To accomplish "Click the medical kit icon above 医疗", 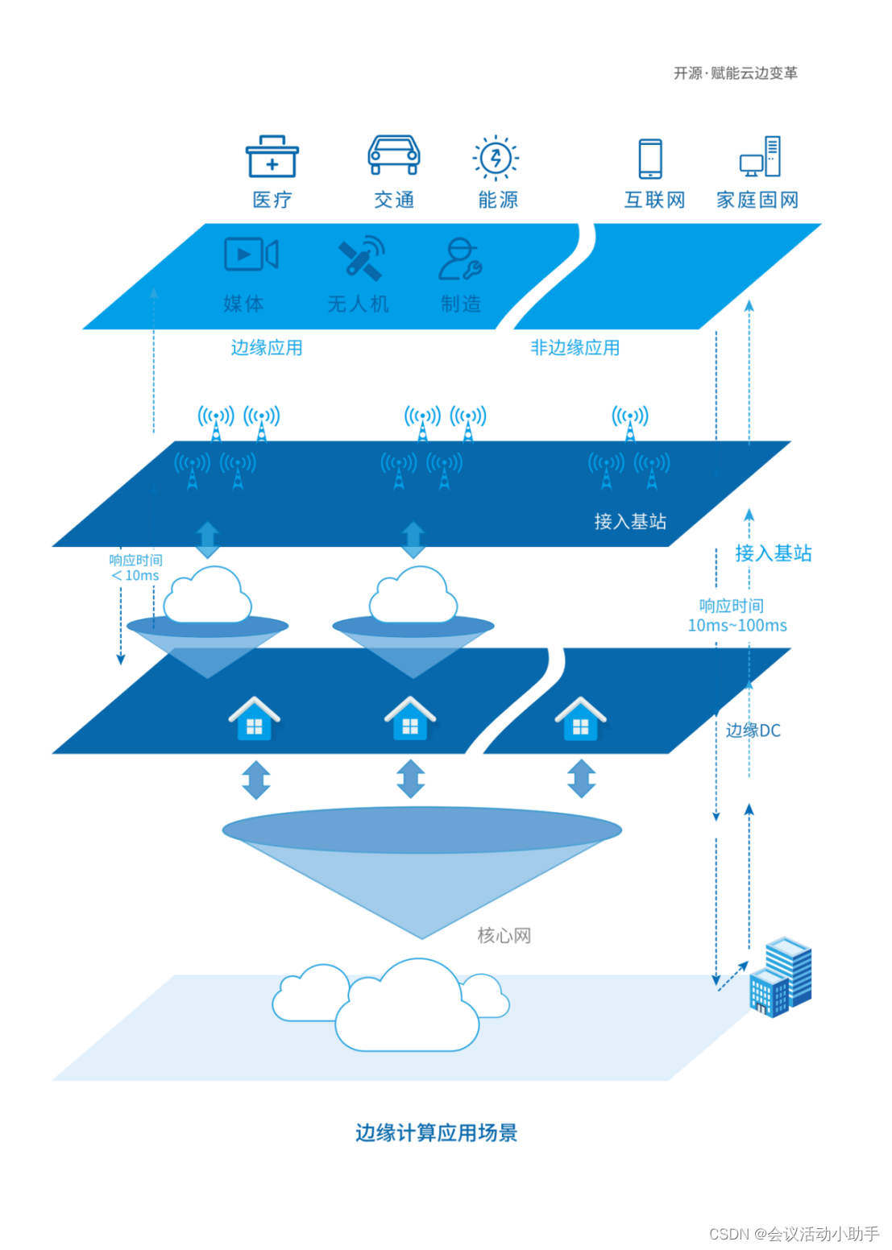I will [x=272, y=156].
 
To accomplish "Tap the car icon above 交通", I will [x=394, y=155].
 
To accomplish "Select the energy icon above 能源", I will [x=496, y=157].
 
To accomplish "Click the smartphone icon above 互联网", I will [x=650, y=158].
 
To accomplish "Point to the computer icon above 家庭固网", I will [x=761, y=156].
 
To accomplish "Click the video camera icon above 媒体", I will [x=251, y=255].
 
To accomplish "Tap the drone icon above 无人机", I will [x=360, y=258].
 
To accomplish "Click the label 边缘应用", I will [x=267, y=348].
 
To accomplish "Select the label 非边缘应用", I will [x=575, y=348].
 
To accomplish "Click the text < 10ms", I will [x=135, y=576].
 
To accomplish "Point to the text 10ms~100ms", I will [x=736, y=626].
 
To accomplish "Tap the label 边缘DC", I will [x=753, y=731].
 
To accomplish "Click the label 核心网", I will [x=504, y=936].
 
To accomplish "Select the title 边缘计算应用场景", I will [x=436, y=1133].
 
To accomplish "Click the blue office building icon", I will [x=780, y=977].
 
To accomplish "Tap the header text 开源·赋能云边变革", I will [x=736, y=73].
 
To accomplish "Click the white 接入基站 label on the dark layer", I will [x=630, y=522].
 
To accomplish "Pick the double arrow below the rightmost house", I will [x=581, y=779].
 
